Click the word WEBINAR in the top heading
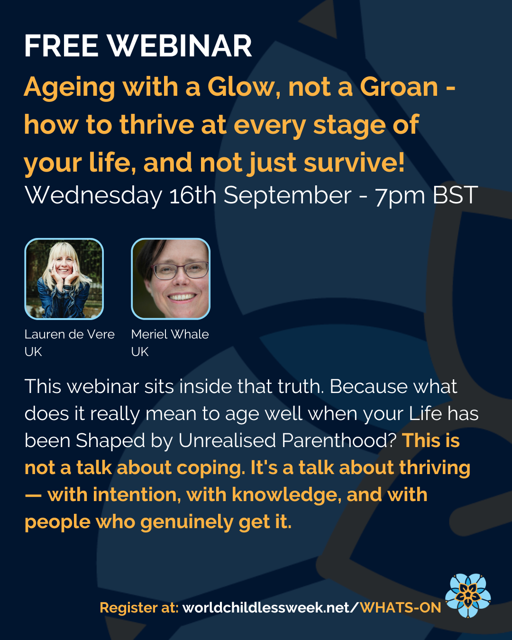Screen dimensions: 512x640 (x=180, y=46)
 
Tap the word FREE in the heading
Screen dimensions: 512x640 (x=61, y=46)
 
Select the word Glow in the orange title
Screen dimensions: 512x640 (x=241, y=87)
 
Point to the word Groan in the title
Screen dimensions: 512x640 (x=399, y=87)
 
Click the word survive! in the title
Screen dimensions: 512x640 (x=354, y=163)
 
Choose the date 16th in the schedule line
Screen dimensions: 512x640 (x=193, y=195)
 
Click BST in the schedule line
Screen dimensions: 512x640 (x=455, y=195)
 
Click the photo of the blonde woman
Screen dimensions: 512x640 (x=64, y=279)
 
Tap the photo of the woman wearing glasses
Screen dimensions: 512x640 (x=171, y=279)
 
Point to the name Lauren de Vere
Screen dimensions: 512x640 (x=70, y=334)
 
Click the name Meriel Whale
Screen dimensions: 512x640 (x=170, y=334)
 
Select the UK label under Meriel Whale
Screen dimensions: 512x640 (x=140, y=352)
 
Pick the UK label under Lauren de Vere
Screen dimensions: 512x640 (x=33, y=352)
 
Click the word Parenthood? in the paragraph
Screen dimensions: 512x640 (x=339, y=440)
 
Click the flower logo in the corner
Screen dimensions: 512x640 (x=468, y=596)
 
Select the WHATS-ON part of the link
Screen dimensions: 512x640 (x=401, y=608)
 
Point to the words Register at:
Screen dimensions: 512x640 (x=139, y=608)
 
